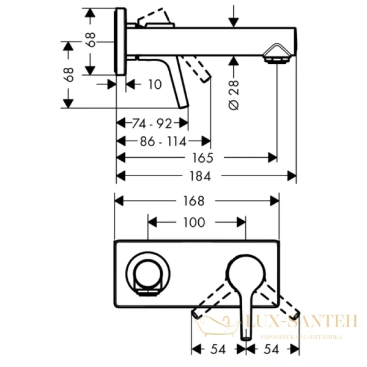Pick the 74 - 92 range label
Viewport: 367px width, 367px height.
[x=152, y=124]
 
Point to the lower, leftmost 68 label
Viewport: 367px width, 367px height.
[x=69, y=75]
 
